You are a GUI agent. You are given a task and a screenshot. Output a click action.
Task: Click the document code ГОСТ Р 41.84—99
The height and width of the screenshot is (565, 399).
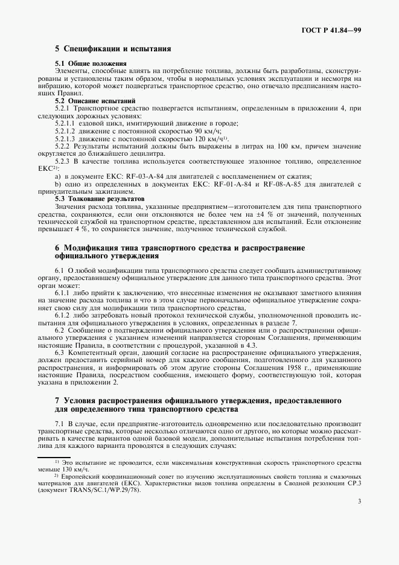[331, 30]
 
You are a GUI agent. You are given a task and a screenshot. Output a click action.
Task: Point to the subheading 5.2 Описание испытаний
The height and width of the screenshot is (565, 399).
[95, 100]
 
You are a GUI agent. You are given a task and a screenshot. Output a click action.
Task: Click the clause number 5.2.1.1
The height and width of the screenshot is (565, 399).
[65, 123]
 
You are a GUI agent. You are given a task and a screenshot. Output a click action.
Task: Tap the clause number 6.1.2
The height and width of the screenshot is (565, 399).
[63, 314]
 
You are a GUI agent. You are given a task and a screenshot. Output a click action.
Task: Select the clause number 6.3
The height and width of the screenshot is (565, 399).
[60, 351]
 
